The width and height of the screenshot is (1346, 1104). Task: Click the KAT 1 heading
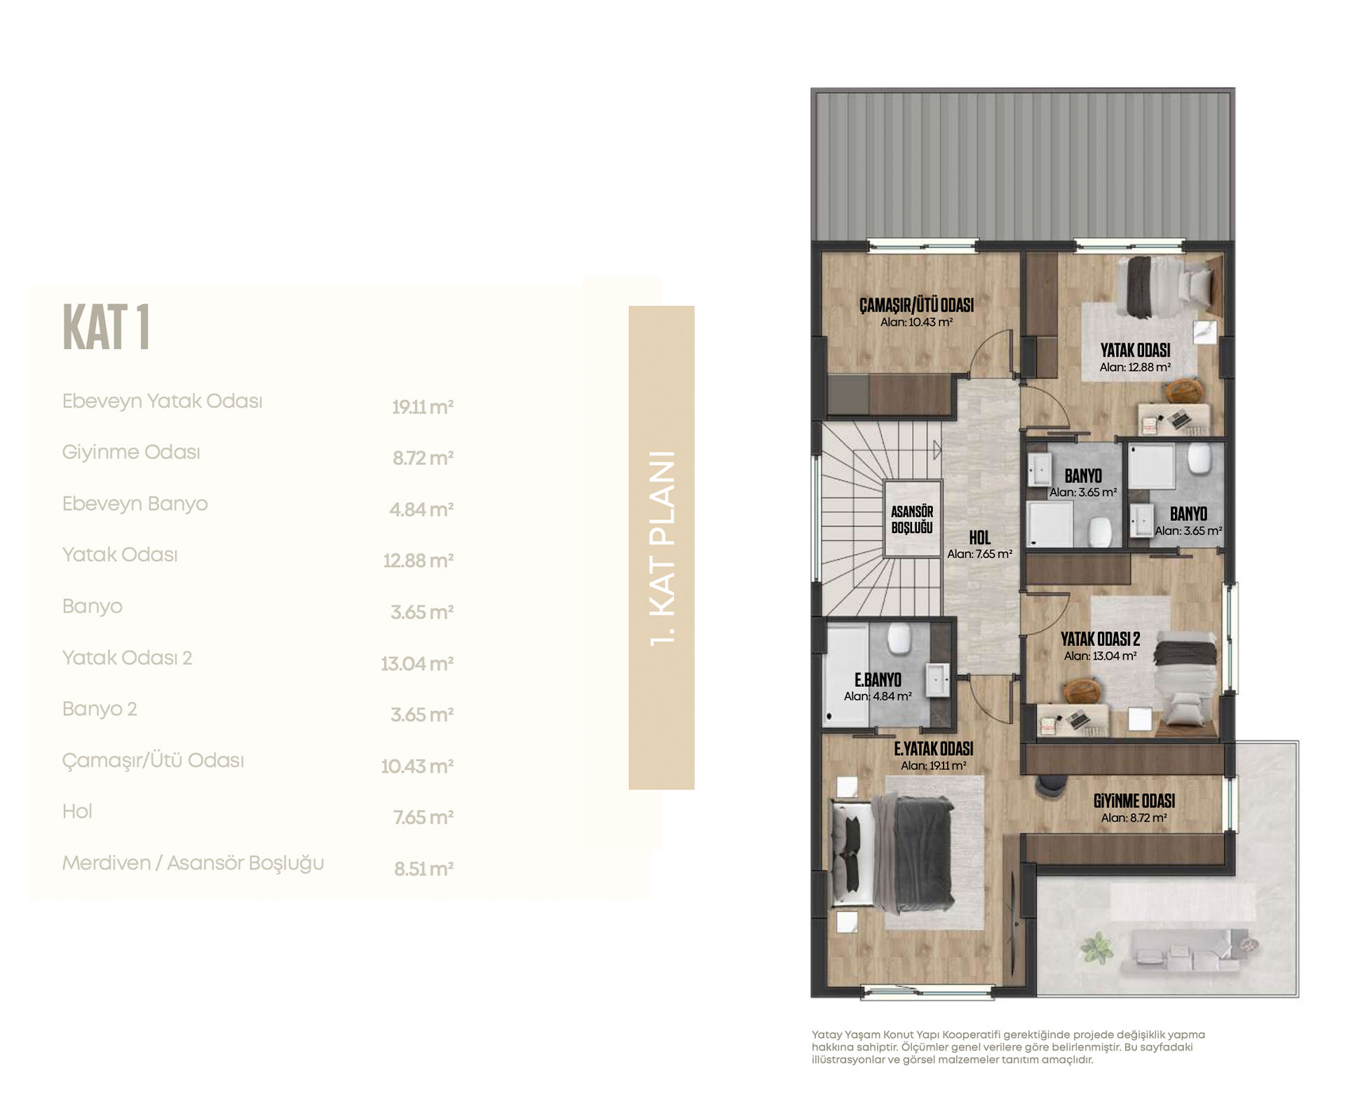coord(106,327)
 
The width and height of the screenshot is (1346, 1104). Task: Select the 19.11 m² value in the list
coord(422,407)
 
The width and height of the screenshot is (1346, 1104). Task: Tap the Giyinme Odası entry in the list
coord(131,452)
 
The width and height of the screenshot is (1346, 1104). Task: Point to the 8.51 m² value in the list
coord(423,869)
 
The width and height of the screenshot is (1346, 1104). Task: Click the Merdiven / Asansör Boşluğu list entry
coord(193,863)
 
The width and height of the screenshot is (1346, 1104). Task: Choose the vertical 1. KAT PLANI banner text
coord(662,548)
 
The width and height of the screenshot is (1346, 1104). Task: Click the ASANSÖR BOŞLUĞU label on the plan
coord(912,519)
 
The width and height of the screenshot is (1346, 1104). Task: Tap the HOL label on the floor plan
coord(979,537)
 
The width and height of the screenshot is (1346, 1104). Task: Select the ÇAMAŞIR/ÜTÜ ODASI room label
coord(916,305)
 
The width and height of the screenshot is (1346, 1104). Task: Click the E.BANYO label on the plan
coord(878,679)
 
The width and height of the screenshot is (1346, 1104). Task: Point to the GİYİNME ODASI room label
coord(1134,801)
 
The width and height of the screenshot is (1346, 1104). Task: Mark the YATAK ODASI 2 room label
coord(1100,639)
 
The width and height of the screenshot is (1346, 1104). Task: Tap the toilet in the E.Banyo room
coord(899,638)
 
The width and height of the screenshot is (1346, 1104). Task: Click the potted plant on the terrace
coord(1096,948)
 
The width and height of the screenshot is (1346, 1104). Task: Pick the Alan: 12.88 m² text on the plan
coord(1135,367)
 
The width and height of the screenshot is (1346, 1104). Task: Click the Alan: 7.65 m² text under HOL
coord(979,554)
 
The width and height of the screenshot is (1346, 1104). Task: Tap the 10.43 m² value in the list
coord(417,766)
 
